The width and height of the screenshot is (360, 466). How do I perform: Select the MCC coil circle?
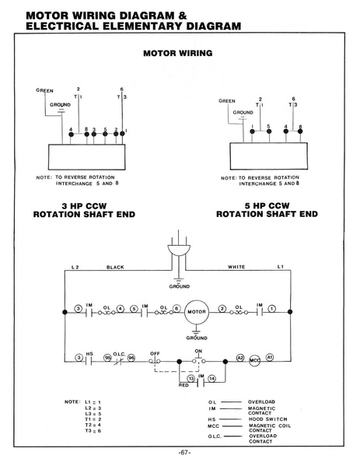pyautogui.click(x=254, y=360)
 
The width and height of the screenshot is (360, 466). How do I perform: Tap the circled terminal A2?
pyautogui.click(x=240, y=358)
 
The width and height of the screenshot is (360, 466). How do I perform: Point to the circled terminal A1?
pyautogui.click(x=269, y=357)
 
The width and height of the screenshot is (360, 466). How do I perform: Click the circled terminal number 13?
pyautogui.click(x=190, y=379)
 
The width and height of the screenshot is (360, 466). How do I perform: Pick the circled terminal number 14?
pyautogui.click(x=211, y=379)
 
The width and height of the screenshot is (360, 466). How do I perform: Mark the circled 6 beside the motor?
pyautogui.click(x=177, y=309)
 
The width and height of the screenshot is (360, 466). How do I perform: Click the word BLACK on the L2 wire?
pyautogui.click(x=115, y=267)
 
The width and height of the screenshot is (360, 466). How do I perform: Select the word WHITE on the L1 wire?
pyautogui.click(x=236, y=267)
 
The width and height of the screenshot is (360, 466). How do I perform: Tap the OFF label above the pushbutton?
pyautogui.click(x=155, y=354)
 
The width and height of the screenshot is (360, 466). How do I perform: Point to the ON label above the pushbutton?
pyautogui.click(x=198, y=352)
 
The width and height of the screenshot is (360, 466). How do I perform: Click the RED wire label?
pyautogui.click(x=183, y=385)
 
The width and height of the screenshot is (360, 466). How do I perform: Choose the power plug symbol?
pyautogui.click(x=179, y=249)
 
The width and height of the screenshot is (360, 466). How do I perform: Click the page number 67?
pyautogui.click(x=184, y=453)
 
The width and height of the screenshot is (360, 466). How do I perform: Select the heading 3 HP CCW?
pyautogui.click(x=84, y=206)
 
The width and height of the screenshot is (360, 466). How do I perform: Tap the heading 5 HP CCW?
pyautogui.click(x=267, y=205)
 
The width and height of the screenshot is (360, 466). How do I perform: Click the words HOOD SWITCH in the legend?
pyautogui.click(x=268, y=419)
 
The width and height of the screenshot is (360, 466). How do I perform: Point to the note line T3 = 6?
pyautogui.click(x=93, y=431)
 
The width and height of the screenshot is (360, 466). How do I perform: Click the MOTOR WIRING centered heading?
pyautogui.click(x=178, y=53)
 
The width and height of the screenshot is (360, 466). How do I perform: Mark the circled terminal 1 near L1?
pyautogui.click(x=272, y=309)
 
